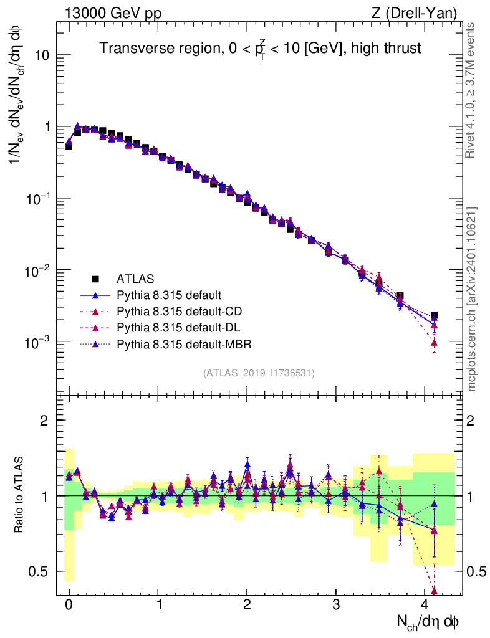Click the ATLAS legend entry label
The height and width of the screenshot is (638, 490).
135,279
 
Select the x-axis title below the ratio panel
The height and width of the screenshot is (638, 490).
428,621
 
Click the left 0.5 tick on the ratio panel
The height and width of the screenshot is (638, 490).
41,571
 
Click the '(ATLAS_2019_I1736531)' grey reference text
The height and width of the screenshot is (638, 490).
259,373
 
